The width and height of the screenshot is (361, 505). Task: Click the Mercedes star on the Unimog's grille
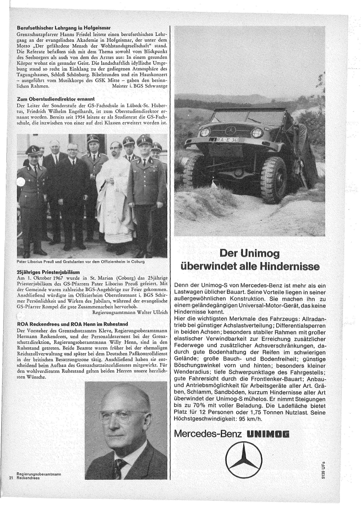click(x=230, y=130)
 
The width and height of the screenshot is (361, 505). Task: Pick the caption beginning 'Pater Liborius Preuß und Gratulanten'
click(x=80, y=262)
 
